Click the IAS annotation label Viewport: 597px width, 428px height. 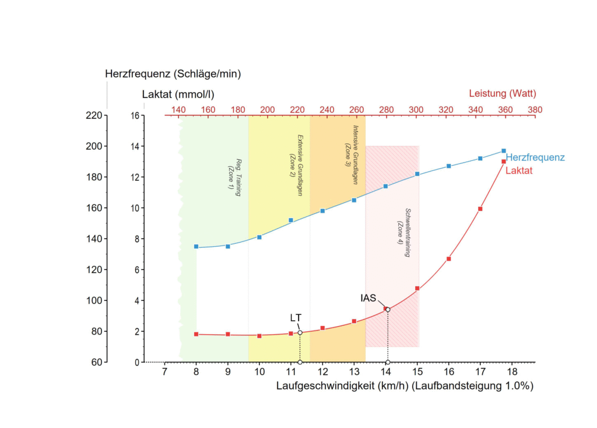tap(368, 298)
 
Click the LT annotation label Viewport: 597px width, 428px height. tap(296, 318)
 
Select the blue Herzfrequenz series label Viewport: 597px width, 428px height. tap(535, 157)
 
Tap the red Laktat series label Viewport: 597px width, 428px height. tap(519, 171)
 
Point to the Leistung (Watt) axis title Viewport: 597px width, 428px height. tap(502, 93)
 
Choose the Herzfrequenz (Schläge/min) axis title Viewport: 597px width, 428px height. tap(173, 74)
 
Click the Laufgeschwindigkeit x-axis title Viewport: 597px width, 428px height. tap(405, 385)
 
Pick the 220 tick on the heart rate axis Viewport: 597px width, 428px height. tap(93, 115)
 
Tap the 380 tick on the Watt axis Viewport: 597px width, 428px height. tap(535, 109)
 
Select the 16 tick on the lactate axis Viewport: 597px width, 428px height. tap(135, 115)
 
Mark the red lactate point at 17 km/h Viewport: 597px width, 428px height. tap(480, 209)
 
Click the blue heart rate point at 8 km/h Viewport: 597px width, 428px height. tap(196, 247)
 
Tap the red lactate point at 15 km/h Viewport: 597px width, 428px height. tap(417, 288)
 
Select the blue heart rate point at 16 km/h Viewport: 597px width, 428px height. tap(449, 166)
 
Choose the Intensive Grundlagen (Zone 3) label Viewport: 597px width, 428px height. tap(352, 154)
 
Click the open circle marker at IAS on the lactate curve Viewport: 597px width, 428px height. tap(388, 310)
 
